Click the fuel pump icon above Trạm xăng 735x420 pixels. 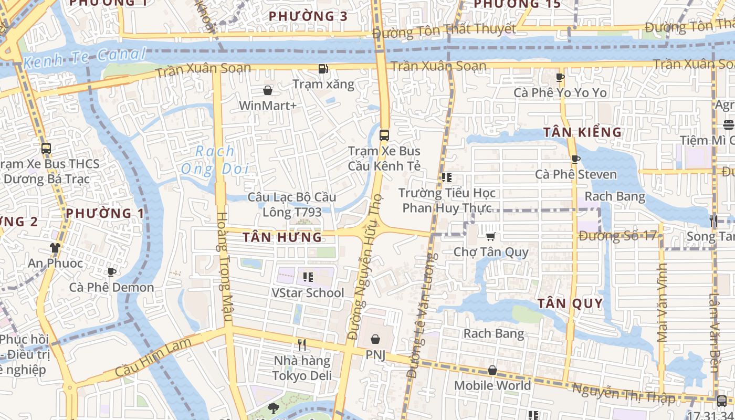tap(323, 68)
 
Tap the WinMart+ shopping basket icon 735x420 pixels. tap(268, 90)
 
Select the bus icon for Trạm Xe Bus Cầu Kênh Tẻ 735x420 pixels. tap(384, 135)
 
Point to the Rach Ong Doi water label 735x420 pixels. tap(215, 160)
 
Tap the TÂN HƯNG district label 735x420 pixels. tap(282, 237)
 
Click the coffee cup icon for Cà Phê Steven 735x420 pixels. tap(575, 159)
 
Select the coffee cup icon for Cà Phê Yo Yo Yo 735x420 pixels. tap(560, 78)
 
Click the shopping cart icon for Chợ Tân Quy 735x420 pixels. tap(490, 237)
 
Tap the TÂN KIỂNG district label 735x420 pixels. tap(582, 132)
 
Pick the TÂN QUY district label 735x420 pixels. tap(570, 303)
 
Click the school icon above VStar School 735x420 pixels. tap(308, 277)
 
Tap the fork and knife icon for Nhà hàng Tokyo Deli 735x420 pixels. tap(302, 345)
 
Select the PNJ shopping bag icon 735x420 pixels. tap(375, 339)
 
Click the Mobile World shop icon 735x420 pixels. tap(492, 370)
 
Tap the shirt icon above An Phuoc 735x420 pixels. tap(55, 247)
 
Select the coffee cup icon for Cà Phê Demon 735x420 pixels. tap(111, 272)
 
